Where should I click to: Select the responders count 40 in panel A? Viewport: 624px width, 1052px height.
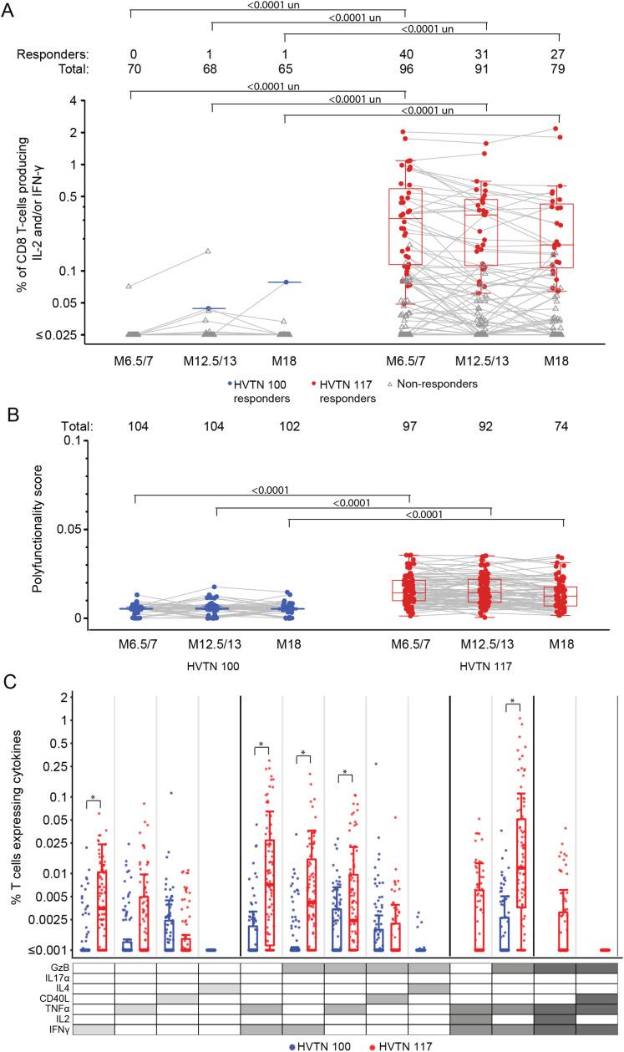404,53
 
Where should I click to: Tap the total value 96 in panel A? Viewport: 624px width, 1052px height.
404,69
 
